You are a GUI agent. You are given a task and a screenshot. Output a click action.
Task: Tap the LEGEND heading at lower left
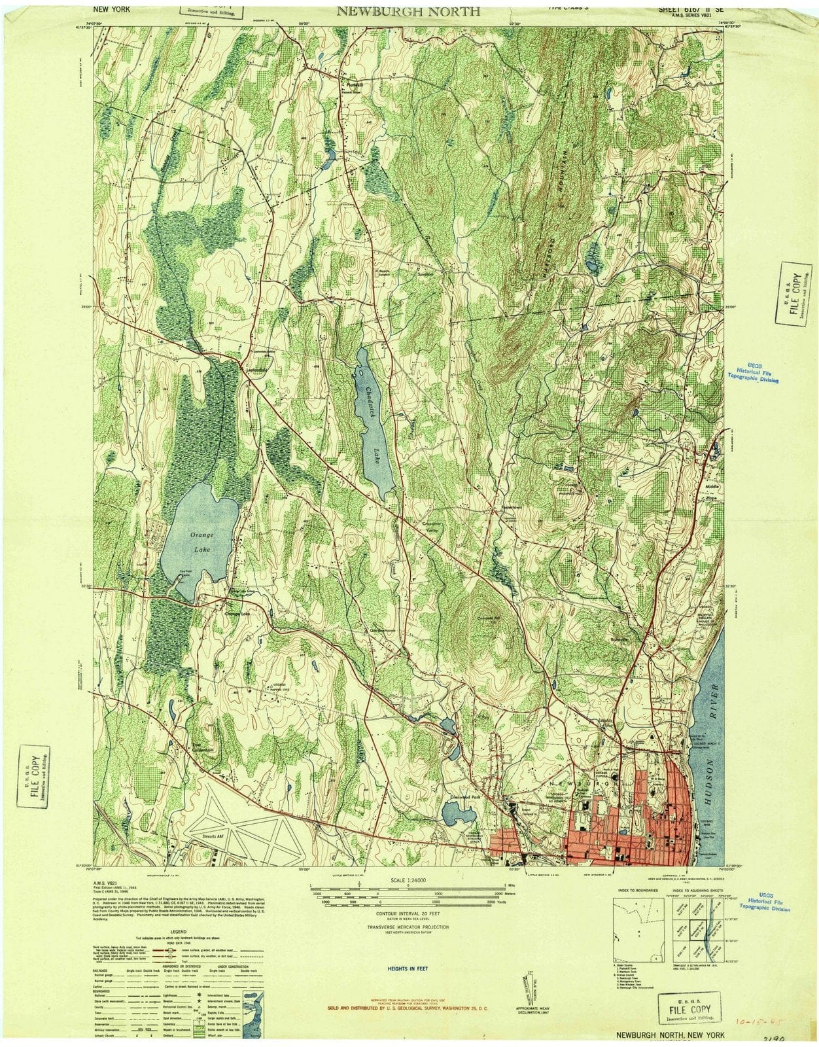pyautogui.click(x=178, y=931)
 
